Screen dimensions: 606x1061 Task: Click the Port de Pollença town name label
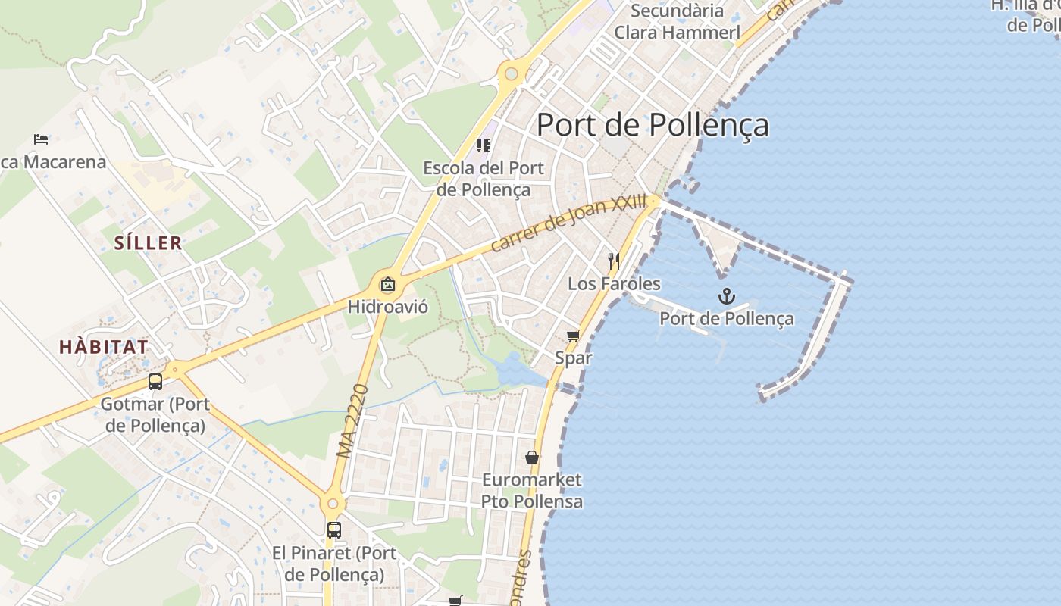point(653,125)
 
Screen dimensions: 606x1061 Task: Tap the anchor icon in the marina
point(727,296)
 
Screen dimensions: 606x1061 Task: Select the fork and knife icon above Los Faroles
point(614,261)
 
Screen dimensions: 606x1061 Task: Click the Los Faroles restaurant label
point(614,284)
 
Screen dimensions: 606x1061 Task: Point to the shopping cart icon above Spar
point(574,336)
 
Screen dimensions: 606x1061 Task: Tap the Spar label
point(574,358)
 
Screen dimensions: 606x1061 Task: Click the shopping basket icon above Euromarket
point(532,458)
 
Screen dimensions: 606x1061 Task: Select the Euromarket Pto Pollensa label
point(532,490)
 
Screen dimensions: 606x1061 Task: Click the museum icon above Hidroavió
point(388,285)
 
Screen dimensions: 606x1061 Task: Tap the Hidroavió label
point(388,307)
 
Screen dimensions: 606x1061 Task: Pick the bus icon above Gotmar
point(155,382)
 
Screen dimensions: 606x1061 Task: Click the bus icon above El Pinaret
point(334,530)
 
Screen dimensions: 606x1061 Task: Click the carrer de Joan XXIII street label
point(569,223)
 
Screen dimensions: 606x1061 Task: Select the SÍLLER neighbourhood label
point(149,243)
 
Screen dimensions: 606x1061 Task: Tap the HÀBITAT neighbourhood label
point(104,347)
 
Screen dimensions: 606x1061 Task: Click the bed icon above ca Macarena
point(41,139)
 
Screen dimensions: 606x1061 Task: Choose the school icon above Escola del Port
point(483,145)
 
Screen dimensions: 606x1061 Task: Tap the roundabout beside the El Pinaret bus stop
point(332,503)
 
